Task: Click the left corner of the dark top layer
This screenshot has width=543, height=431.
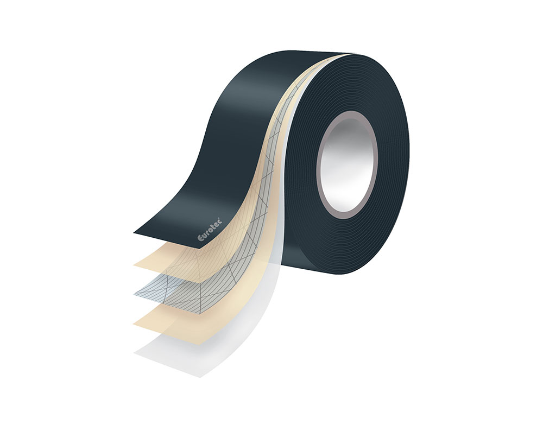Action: point(134,232)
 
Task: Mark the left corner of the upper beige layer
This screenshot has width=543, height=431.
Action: point(134,264)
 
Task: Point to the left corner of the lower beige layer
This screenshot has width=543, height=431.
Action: point(135,325)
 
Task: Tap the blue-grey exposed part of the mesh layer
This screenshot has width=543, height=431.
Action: point(163,296)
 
